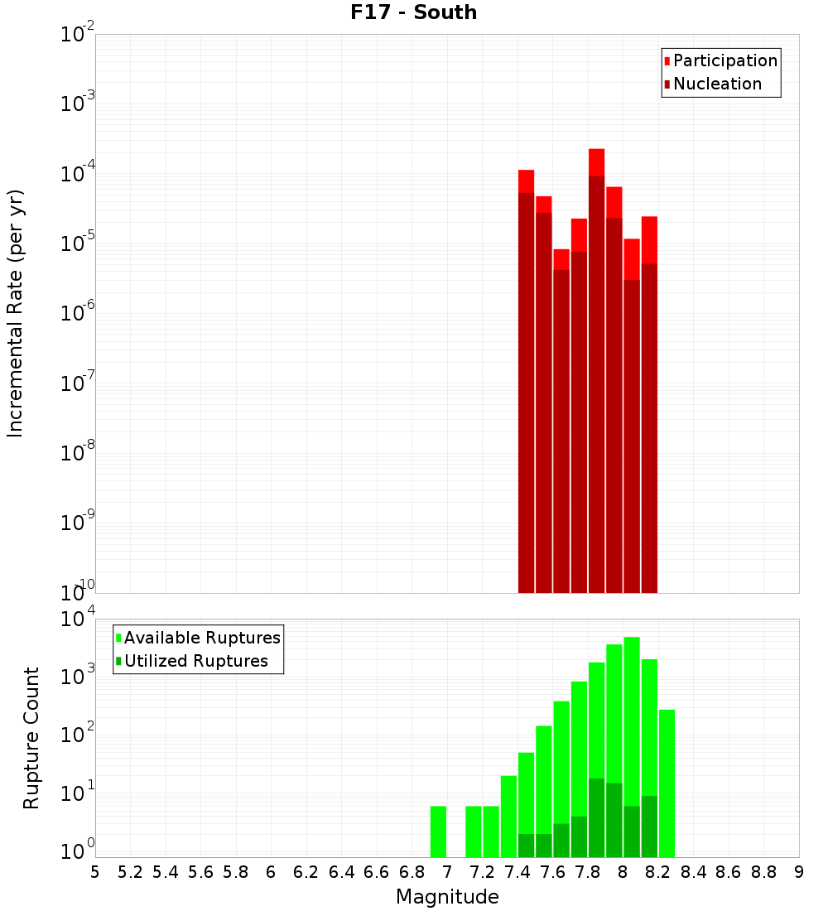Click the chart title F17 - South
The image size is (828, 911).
[413, 12]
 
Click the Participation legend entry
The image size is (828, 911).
[724, 60]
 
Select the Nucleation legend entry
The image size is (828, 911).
[716, 84]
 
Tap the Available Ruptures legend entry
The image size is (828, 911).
[201, 638]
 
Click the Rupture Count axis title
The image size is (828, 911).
[31, 738]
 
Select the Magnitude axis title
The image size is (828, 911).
[447, 897]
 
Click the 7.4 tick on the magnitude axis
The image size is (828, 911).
[517, 872]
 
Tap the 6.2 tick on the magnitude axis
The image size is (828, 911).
[306, 872]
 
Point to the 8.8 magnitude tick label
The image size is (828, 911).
[763, 872]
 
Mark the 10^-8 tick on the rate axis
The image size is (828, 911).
[78, 453]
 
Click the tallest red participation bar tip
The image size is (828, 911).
[596, 151]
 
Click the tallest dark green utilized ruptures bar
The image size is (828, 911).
[596, 816]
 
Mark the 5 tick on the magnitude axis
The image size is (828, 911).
[95, 872]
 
